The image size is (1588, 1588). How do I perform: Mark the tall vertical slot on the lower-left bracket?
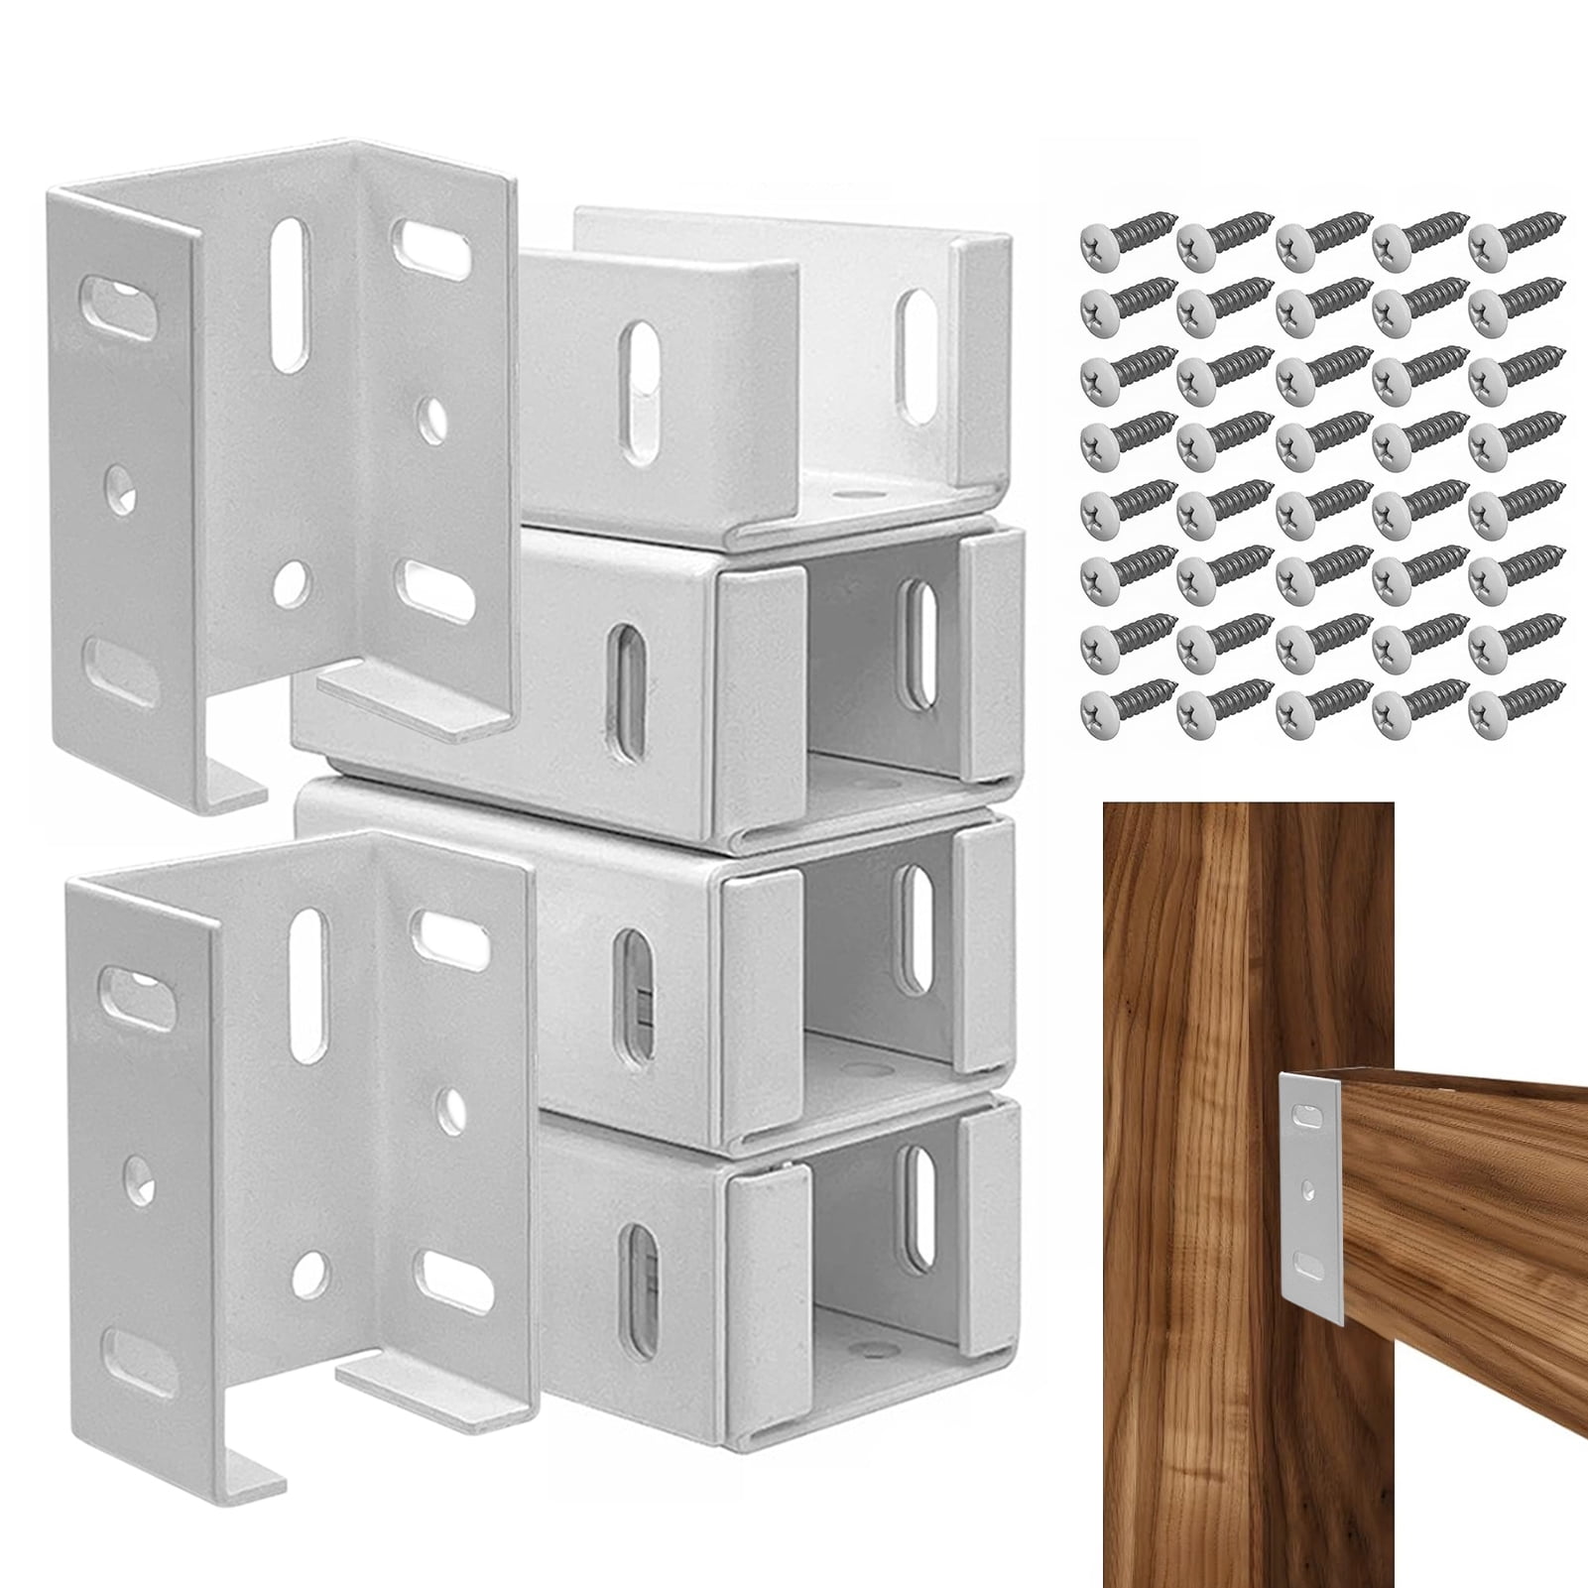tap(308, 955)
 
